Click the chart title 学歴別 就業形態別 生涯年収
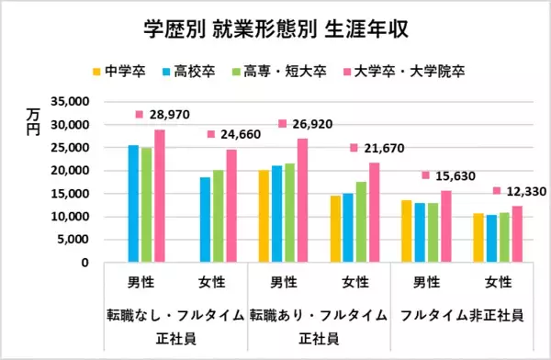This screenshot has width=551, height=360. click(x=275, y=30)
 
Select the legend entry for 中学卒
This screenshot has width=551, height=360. click(x=120, y=70)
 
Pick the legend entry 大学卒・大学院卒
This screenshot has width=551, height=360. click(x=403, y=70)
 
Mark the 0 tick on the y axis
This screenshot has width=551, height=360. click(x=83, y=263)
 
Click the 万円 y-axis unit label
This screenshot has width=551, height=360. click(x=34, y=121)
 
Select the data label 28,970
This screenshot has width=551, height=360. click(x=172, y=115)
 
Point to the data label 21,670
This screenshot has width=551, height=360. click(x=385, y=148)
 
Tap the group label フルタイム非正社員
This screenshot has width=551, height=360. click(x=463, y=315)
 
